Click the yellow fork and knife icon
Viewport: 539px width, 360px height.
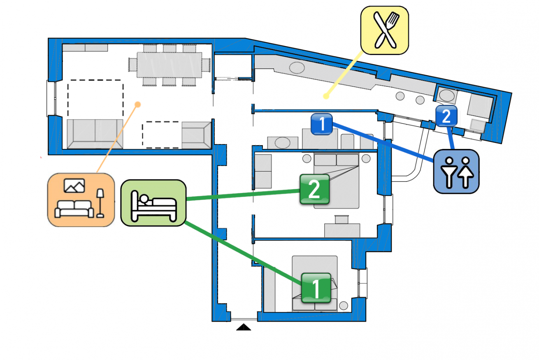pyautogui.click(x=385, y=30)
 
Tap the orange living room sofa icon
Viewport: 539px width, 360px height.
pyautogui.click(x=81, y=200)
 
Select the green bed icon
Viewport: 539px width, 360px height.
pyautogui.click(x=153, y=203)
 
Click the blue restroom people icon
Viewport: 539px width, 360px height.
pyautogui.click(x=456, y=171)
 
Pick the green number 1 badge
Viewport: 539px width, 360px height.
pyautogui.click(x=316, y=287)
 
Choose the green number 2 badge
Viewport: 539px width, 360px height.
pyautogui.click(x=314, y=189)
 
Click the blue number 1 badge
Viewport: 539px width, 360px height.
pyautogui.click(x=322, y=124)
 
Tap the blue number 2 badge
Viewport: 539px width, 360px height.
pyautogui.click(x=446, y=116)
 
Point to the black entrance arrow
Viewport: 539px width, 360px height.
pyautogui.click(x=244, y=327)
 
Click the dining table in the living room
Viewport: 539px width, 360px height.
pyautogui.click(x=170, y=65)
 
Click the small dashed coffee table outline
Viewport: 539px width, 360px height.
pyautogui.click(x=161, y=135)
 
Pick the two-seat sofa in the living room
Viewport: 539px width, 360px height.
pyautogui.click(x=95, y=134)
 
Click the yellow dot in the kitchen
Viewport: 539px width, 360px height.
pyautogui.click(x=326, y=97)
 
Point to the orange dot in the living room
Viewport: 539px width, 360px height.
pyautogui.click(x=138, y=105)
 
